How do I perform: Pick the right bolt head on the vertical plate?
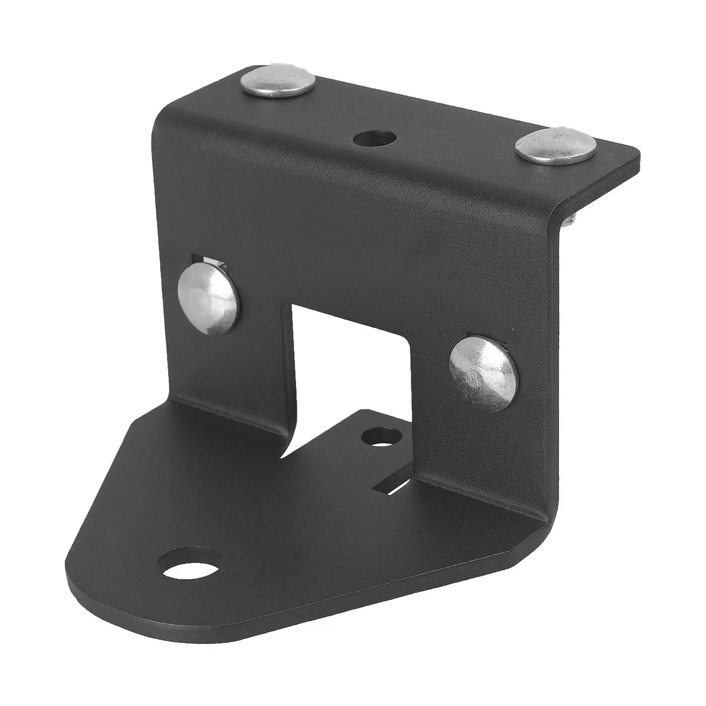(x=483, y=373)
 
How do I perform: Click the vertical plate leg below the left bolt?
(x=234, y=375)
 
